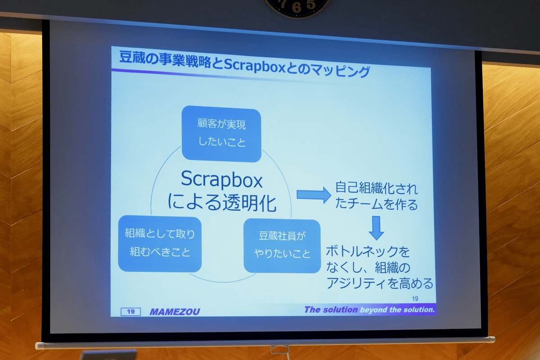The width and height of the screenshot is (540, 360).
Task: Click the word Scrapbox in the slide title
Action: pos(255,65)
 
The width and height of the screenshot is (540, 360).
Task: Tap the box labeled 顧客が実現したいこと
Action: pos(221,134)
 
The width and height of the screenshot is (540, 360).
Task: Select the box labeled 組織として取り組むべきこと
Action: pos(160,243)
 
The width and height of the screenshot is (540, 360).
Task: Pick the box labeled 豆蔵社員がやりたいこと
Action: pos(282,246)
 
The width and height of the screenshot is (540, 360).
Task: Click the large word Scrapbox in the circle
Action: pos(221,180)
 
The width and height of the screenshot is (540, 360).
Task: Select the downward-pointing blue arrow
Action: pos(376,228)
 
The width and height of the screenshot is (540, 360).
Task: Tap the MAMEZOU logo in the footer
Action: pos(175,312)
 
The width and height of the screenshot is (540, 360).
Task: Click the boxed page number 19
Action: pos(130,311)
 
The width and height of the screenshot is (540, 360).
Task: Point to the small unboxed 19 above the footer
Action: pos(415,299)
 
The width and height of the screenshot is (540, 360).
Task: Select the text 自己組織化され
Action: pos(376,188)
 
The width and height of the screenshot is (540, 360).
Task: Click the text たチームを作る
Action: pos(376,204)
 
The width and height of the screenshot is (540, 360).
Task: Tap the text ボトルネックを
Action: pos(368,252)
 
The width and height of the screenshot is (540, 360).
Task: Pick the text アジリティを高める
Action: pos(380,283)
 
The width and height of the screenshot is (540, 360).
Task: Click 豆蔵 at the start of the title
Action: pos(131,57)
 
